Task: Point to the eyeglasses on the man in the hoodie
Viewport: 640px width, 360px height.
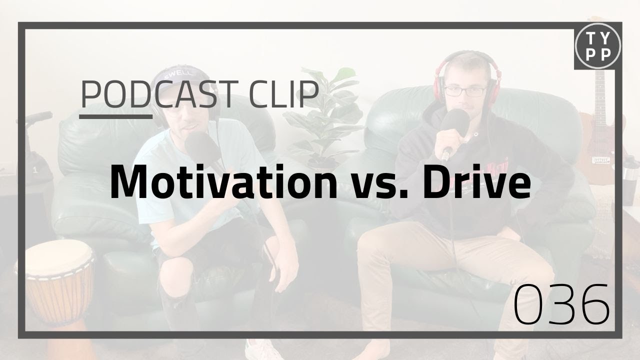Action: point(464,91)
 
